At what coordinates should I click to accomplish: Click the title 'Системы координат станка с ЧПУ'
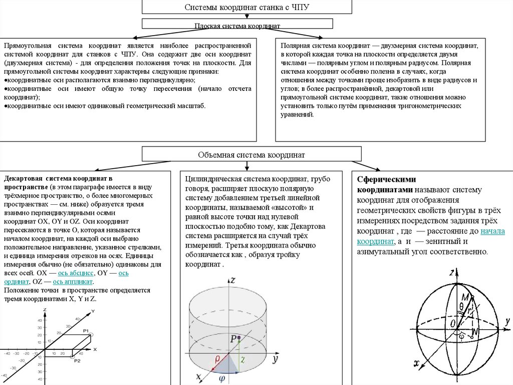(247, 8)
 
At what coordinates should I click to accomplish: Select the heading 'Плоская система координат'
(237, 26)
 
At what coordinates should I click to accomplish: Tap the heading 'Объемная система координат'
(251, 155)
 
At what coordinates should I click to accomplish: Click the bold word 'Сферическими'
(384, 179)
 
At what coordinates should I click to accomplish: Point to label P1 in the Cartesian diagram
(86, 330)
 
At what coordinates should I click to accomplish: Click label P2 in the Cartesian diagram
(77, 361)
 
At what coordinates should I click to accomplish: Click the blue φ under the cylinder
(221, 379)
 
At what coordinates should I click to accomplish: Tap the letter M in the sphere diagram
(465, 298)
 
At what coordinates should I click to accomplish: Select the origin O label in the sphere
(453, 322)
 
